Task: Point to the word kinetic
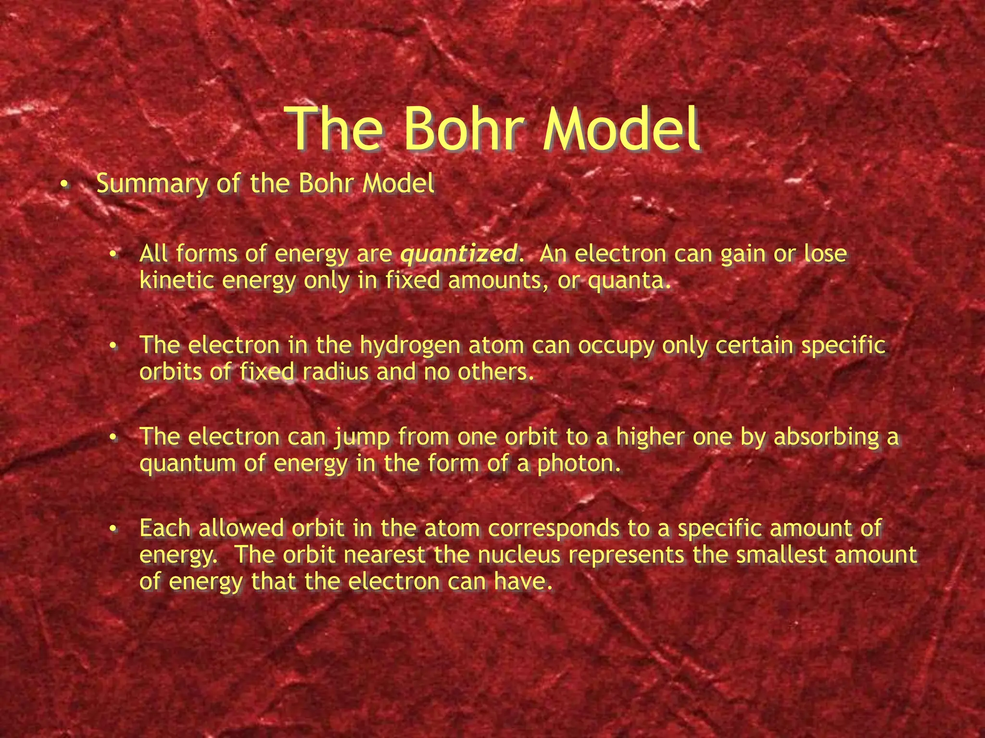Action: pyautogui.click(x=177, y=280)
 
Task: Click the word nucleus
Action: pyautogui.click(x=519, y=555)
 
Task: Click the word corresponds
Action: pyautogui.click(x=554, y=529)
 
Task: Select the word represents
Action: pyautogui.click(x=626, y=555)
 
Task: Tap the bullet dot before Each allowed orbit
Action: pyautogui.click(x=113, y=529)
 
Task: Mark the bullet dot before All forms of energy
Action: pyautogui.click(x=113, y=254)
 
